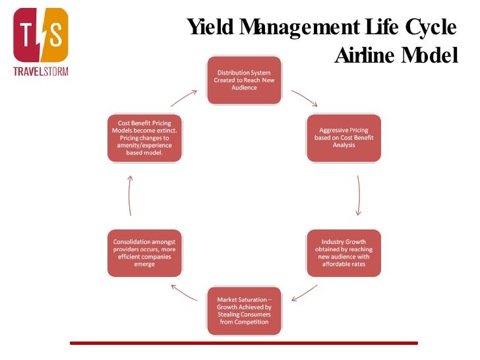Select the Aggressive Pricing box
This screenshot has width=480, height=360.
(344, 138)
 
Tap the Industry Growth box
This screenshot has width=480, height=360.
(344, 253)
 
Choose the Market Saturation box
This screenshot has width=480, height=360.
(243, 310)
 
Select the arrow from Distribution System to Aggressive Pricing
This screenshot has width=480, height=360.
(304, 98)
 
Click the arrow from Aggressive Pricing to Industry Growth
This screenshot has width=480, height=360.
(358, 195)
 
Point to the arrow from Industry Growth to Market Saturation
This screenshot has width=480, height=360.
(304, 292)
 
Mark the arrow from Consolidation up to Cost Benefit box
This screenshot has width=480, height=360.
(130, 195)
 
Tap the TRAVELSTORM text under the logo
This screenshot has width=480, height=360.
(41, 71)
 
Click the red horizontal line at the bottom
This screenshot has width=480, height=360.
(244, 343)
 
